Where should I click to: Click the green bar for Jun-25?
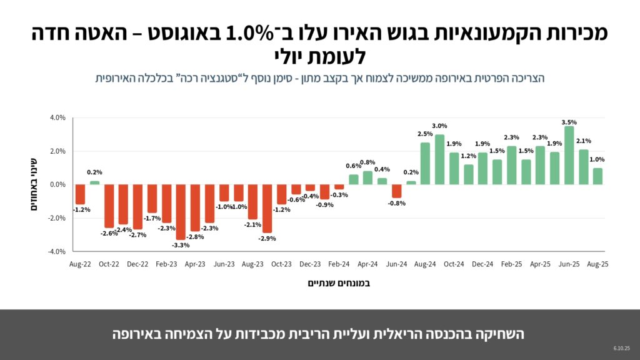pyautogui.click(x=569, y=156)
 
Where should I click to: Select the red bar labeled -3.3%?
pyautogui.click(x=181, y=212)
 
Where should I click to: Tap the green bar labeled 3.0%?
pyautogui.click(x=439, y=159)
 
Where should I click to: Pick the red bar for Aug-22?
pyautogui.click(x=80, y=194)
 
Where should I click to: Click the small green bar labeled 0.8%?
pyautogui.click(x=367, y=177)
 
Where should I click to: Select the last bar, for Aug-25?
pyautogui.click(x=597, y=176)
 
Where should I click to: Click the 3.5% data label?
pyautogui.click(x=569, y=122)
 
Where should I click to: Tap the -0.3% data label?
pyautogui.click(x=339, y=195)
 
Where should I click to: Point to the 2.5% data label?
pyautogui.click(x=425, y=134)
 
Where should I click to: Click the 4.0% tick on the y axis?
pyautogui.click(x=57, y=117)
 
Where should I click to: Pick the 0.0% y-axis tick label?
pyautogui.click(x=57, y=184)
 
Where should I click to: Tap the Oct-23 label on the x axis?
pyautogui.click(x=281, y=264)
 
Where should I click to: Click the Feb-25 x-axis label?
pyautogui.click(x=511, y=264)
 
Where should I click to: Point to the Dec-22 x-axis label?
pyautogui.click(x=137, y=264)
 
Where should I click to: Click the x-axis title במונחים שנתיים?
pyautogui.click(x=339, y=283)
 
